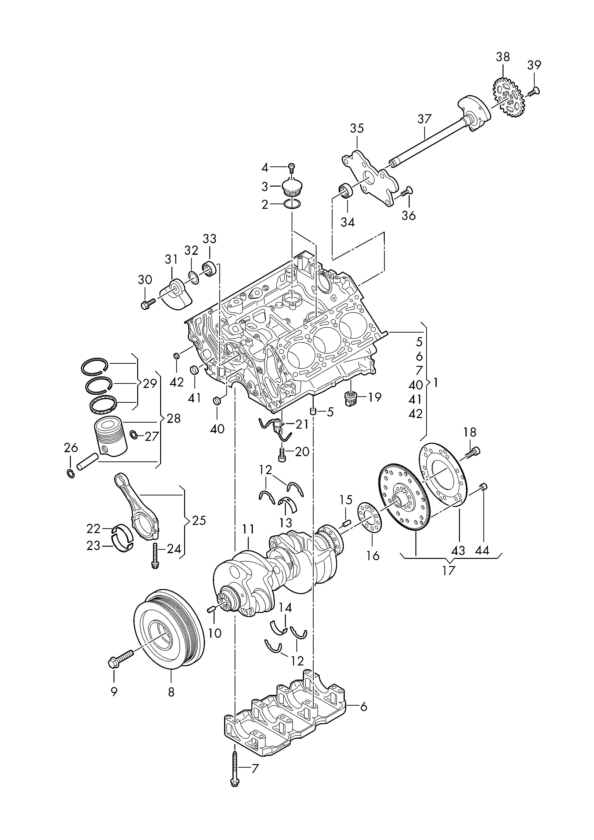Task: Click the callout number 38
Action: click(503, 57)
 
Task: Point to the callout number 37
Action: click(425, 119)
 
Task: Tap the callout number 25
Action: click(199, 520)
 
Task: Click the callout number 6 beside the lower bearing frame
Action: click(363, 707)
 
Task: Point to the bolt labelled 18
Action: click(473, 453)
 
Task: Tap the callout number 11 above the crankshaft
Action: click(248, 540)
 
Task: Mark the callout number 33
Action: click(209, 238)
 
